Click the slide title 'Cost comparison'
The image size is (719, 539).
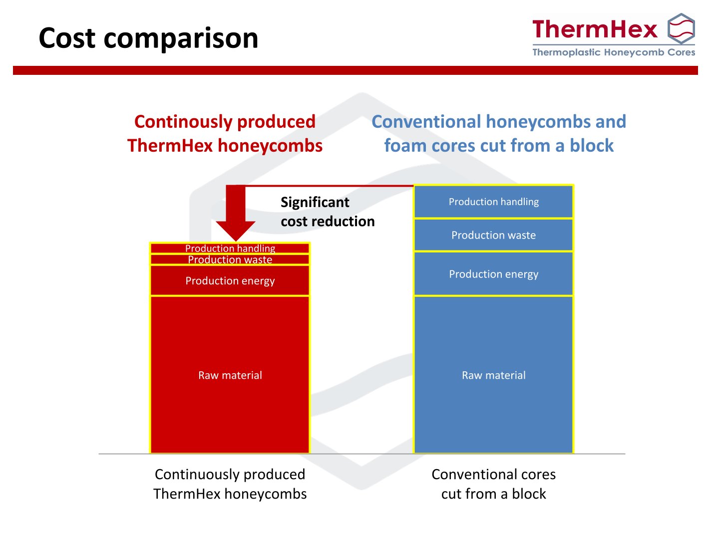click(x=148, y=38)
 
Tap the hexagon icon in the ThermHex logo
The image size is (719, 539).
click(x=681, y=28)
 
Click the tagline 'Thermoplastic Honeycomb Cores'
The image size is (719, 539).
click(x=614, y=52)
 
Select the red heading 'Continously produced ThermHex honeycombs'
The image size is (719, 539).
click(x=225, y=134)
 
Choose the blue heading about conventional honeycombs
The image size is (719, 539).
click(x=498, y=134)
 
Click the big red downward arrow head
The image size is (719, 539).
click(x=236, y=231)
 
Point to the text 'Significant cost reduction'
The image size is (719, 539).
click(x=328, y=212)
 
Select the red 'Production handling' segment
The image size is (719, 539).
click(x=230, y=248)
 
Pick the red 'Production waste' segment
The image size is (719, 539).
click(x=230, y=259)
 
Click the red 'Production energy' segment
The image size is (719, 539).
click(x=230, y=280)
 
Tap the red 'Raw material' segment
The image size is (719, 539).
click(x=230, y=375)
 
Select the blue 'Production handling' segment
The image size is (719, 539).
click(x=494, y=202)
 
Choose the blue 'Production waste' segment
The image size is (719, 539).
click(x=494, y=235)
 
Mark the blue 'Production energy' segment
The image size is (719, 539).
click(x=494, y=274)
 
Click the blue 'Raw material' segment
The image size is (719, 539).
click(x=494, y=375)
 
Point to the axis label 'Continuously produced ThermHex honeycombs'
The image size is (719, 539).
click(x=230, y=484)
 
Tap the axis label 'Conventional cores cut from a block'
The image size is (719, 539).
click(x=494, y=484)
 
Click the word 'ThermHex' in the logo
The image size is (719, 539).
click(x=595, y=29)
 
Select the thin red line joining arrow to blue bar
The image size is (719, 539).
click(x=330, y=186)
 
